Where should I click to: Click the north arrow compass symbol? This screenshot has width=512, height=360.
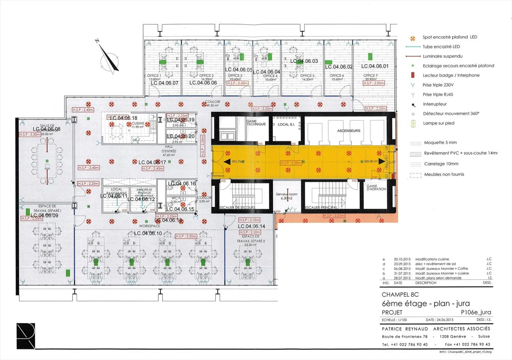pos(109,58)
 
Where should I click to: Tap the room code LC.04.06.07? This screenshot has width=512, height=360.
pos(164,83)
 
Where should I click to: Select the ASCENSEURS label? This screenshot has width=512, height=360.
pos(348,131)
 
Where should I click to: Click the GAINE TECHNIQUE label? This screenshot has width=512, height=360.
pos(256,123)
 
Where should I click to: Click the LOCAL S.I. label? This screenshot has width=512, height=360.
pos(286,124)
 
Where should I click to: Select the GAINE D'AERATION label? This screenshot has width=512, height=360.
pos(376,187)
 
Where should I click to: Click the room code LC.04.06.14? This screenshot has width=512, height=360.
pos(251,226)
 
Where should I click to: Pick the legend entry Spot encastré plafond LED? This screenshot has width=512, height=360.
pos(449,37)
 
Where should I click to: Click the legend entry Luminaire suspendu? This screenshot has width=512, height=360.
pos(442,56)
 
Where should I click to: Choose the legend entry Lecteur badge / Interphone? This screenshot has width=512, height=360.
pos(451,75)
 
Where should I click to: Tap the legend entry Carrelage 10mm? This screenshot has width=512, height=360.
pos(441,164)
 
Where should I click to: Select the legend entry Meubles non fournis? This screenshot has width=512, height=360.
pos(444,174)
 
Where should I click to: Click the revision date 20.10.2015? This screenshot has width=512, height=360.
pos(402,259)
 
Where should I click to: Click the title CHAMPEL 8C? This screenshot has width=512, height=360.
pos(400,295)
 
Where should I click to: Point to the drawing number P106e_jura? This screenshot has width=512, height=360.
pos(476,312)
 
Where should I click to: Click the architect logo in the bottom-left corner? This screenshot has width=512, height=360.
pos(26,336)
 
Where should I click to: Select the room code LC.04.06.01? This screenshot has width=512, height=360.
pos(375,66)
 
